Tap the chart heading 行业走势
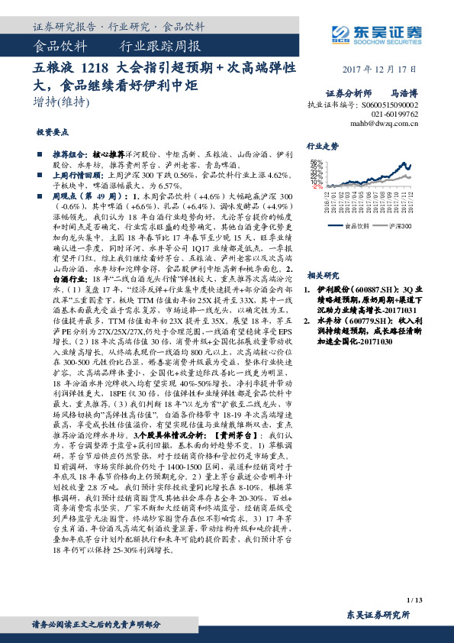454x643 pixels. coord(321,145)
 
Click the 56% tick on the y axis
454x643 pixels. coord(317,162)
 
